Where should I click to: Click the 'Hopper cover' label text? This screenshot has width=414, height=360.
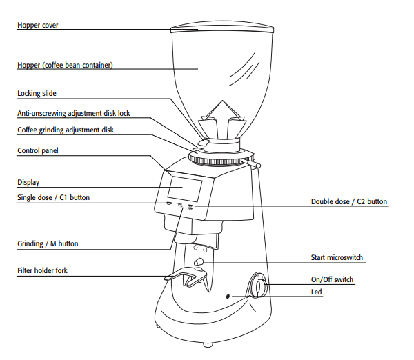coord(37,25)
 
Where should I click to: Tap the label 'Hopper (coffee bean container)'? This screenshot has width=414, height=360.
coord(65,66)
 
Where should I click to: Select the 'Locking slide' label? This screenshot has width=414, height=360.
coord(37,93)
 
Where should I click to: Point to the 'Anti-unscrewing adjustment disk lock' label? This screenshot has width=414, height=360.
coord(73,112)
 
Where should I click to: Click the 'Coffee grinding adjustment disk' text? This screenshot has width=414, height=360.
coord(65,130)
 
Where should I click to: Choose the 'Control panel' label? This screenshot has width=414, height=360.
coord(38,150)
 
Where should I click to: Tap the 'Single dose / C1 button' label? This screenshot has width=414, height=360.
coord(53,198)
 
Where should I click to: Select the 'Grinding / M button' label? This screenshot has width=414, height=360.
coord(48,243)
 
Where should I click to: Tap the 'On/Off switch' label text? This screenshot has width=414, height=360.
coord(332,279)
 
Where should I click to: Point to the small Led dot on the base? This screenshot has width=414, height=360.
coord(229,297)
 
